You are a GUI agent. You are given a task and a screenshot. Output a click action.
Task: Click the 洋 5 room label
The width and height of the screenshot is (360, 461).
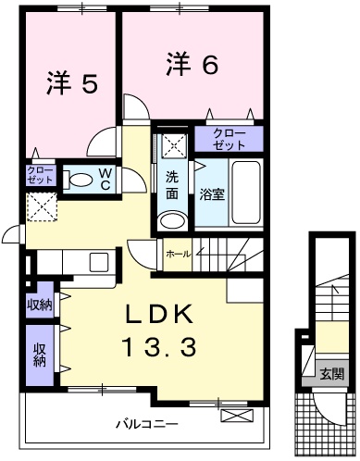click(x=71, y=84)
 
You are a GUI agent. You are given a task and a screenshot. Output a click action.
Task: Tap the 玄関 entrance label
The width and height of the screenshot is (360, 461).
click(x=331, y=374)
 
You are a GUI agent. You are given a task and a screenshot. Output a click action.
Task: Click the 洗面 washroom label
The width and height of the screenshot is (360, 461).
click(x=173, y=184)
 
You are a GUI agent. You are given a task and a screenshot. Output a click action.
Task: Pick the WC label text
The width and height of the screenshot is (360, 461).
click(x=106, y=179)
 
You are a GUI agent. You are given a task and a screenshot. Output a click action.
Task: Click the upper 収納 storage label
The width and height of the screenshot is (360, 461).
click(x=40, y=305)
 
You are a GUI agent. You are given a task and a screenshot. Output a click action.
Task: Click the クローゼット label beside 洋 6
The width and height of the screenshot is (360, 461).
click(x=229, y=140)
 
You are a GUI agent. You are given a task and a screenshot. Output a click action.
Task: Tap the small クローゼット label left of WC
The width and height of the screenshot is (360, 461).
click(x=40, y=176)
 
